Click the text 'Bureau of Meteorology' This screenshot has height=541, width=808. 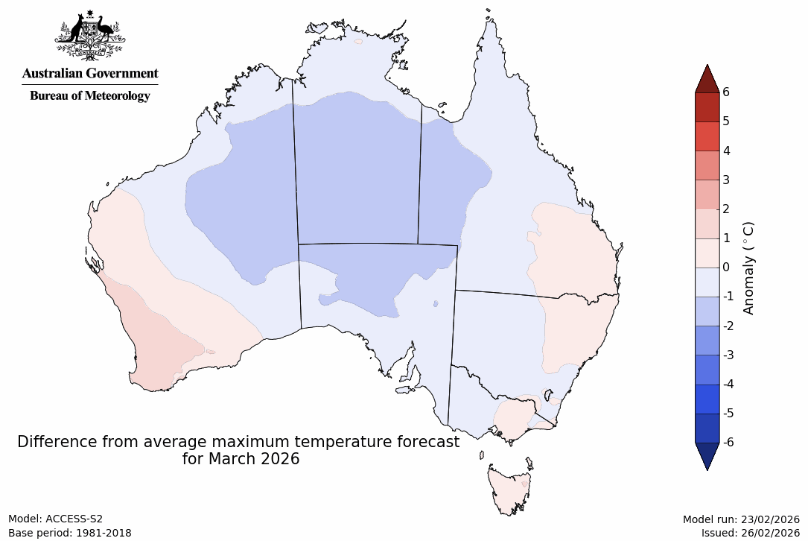89,96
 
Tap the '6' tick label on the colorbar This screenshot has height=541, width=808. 725,92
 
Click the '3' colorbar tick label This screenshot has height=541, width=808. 725,180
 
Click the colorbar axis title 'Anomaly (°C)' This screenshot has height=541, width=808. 748,268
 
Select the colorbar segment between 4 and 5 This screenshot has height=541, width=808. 707,136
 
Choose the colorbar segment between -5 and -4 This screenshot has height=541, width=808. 707,399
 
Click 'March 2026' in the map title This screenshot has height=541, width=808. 241,459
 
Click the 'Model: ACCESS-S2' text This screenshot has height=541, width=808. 56,519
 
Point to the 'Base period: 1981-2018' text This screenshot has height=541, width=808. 70,533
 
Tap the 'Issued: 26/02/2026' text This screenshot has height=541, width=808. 750,533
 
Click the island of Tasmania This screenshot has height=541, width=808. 509,489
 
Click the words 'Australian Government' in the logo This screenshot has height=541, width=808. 89,74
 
